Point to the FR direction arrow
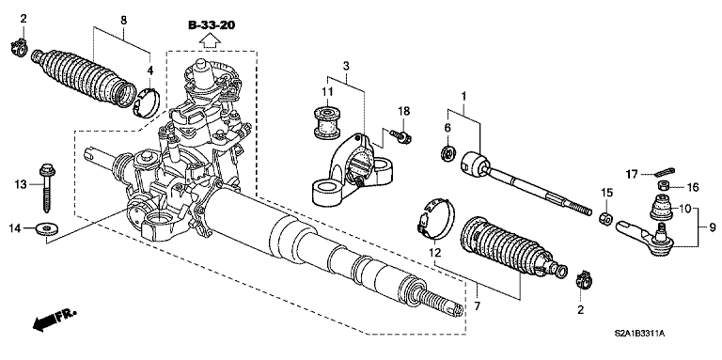pyautogui.click(x=55, y=322)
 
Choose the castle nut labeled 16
pyautogui.click(x=661, y=186)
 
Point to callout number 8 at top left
pyautogui.click(x=123, y=21)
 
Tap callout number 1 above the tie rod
pyautogui.click(x=463, y=95)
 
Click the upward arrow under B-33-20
pyautogui.click(x=209, y=39)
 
